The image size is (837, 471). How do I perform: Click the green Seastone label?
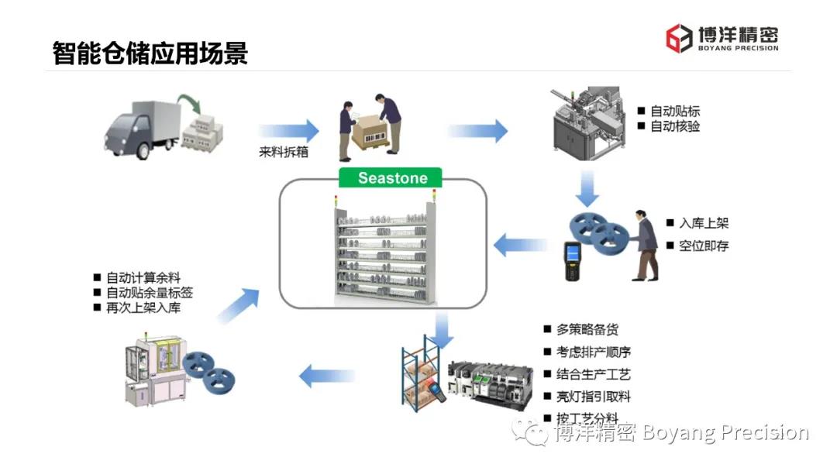[391, 177]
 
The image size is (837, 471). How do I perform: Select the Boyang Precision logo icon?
[680, 38]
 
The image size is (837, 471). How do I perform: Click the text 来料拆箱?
[284, 152]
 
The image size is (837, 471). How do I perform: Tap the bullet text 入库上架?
[704, 223]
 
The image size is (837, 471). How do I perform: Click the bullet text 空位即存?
[704, 246]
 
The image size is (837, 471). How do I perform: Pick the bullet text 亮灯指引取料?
[593, 397]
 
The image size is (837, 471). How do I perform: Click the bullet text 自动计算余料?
[143, 277]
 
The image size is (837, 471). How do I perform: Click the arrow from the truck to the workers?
[288, 130]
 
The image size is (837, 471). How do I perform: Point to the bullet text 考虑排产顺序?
[593, 352]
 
